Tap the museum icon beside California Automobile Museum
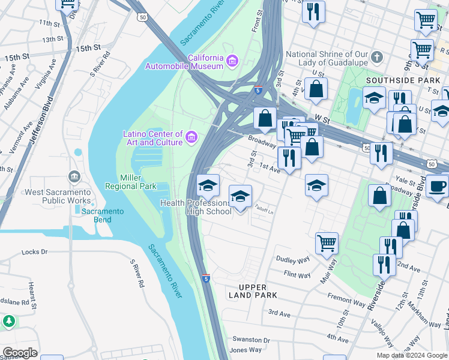pyautogui.click(x=232, y=60)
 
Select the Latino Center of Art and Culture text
pyautogui.click(x=152, y=138)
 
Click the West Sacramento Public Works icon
pyautogui.click(x=74, y=176)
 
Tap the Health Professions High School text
pyautogui.click(x=196, y=207)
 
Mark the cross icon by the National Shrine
pyautogui.click(x=376, y=58)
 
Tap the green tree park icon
pyautogui.click(x=8, y=322)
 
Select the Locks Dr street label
pyautogui.click(x=34, y=253)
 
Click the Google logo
pyautogui.click(x=20, y=353)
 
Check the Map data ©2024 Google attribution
pyautogui.click(x=411, y=355)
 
